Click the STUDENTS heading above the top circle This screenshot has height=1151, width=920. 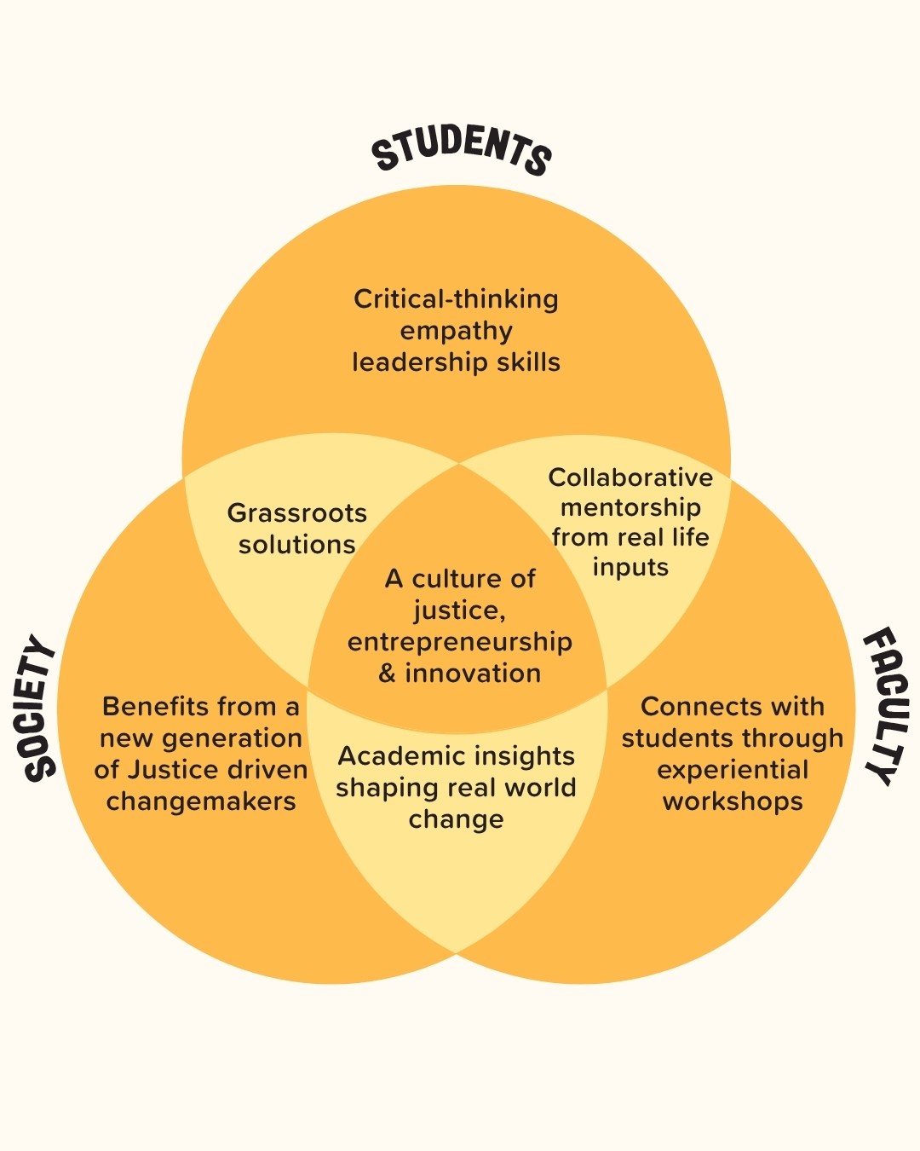pyautogui.click(x=461, y=150)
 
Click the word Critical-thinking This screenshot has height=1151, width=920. pyautogui.click(x=456, y=299)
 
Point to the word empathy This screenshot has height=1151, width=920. pyautogui.click(x=456, y=331)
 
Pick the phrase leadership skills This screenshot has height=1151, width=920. pyautogui.click(x=456, y=362)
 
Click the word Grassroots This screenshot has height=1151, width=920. pyautogui.click(x=296, y=513)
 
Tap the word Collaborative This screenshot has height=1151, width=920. pyautogui.click(x=630, y=477)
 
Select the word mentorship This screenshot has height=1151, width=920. pyautogui.click(x=630, y=507)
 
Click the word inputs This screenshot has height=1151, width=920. pyautogui.click(x=630, y=568)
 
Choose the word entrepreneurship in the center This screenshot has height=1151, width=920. pyautogui.click(x=459, y=642)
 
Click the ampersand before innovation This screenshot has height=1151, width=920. pyautogui.click(x=387, y=674)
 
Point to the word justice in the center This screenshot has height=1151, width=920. pyautogui.click(x=457, y=611)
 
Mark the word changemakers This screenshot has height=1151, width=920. pyautogui.click(x=201, y=801)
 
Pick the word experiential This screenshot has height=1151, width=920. pyautogui.click(x=733, y=770)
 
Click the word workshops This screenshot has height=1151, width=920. pyautogui.click(x=733, y=801)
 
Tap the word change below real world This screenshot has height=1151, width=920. pyautogui.click(x=456, y=819)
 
